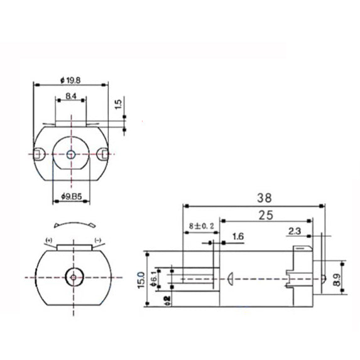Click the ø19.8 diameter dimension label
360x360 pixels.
pos(71,80)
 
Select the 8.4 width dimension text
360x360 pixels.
pos(71,96)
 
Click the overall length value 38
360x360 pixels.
pos(251,196)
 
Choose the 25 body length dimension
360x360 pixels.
pos(266,215)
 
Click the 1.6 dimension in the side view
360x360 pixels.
pos(237,236)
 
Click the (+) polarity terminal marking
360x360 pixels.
pos(49,241)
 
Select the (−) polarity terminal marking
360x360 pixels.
pos(97,241)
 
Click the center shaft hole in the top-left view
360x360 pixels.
pos(71,153)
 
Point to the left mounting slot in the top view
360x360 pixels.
pos(39,153)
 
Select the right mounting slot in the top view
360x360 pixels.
pos(103,151)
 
